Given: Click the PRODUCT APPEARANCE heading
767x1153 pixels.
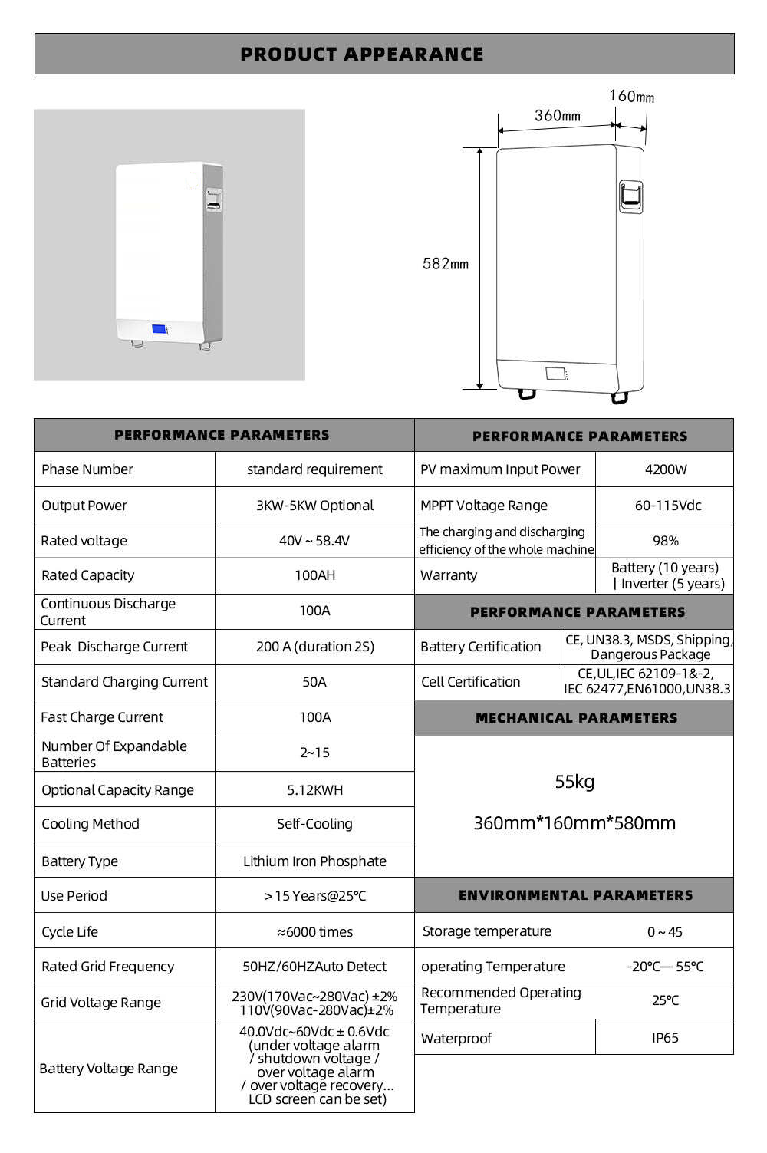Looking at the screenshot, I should coord(362,54).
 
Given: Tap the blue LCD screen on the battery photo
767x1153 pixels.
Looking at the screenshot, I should coord(160,329).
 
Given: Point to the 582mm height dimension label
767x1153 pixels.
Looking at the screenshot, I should coord(445,264).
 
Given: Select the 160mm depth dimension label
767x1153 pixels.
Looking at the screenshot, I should coord(631,97).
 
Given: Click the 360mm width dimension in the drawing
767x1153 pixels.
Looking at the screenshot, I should coord(557,116).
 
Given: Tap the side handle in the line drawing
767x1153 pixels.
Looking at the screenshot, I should coord(630,196).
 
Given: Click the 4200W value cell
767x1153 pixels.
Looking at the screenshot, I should coord(665,469).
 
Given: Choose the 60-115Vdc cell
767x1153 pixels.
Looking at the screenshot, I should coord(667,506).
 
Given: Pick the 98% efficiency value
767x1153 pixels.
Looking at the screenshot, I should coord(665,541).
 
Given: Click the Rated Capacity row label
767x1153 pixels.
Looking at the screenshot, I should coord(87,575).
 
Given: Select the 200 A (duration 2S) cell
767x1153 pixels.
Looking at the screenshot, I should coord(314,647).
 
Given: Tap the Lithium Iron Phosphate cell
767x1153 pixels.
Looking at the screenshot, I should coord(314,861).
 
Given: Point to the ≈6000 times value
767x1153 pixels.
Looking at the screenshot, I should coord(314,932).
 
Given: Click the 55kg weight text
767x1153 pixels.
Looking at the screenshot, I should coord(574,782).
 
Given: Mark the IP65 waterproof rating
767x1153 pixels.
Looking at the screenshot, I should coord(664,1038).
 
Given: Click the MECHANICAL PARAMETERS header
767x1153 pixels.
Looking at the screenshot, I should coord(576,718).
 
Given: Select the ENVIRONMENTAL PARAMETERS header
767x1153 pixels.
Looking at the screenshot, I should coord(575,895).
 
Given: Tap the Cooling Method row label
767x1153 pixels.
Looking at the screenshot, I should coord(91,824).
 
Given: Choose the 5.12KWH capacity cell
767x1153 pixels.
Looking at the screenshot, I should coord(314,790).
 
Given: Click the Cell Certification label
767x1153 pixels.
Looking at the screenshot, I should coord(470,682).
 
